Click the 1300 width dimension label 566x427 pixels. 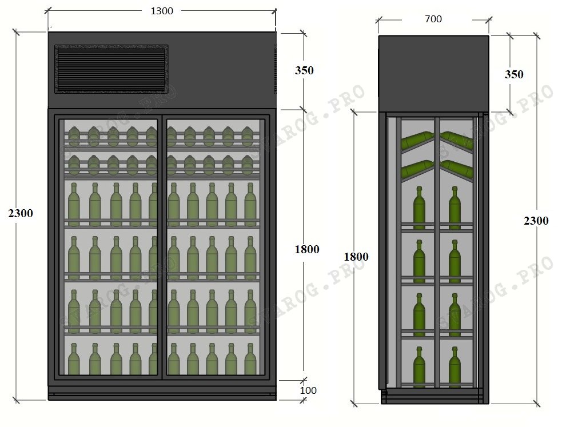(162, 11)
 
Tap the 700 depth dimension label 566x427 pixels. (433, 19)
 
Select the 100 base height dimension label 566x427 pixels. (308, 390)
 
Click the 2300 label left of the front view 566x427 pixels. (21, 213)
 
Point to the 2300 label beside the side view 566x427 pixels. (536, 221)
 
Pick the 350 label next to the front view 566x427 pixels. (304, 70)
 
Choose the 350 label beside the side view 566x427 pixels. (514, 74)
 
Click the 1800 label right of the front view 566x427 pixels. (307, 249)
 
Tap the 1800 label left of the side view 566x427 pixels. (356, 257)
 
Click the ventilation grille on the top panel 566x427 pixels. (111, 69)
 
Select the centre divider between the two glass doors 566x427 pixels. (162, 248)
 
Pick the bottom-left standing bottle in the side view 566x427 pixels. (419, 367)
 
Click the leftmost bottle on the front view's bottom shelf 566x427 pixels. (74, 359)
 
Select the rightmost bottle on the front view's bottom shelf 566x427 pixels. (250, 359)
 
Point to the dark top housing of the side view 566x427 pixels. (433, 74)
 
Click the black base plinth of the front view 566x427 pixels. (162, 393)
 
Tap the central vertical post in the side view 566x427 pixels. (437, 252)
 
